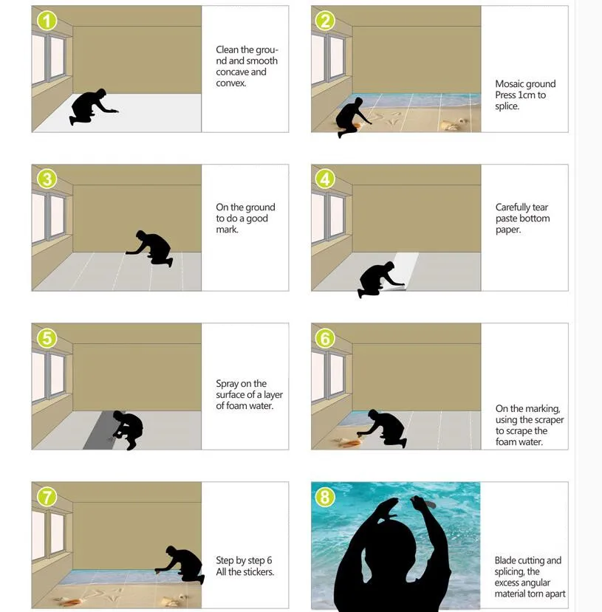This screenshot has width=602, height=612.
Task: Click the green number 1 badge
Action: click(47, 21)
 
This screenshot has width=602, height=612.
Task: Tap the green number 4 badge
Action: click(326, 179)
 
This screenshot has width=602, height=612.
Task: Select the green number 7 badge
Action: click(47, 497)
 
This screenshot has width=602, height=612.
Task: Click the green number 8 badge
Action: click(326, 497)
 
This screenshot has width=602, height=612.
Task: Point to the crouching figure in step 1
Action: click(91, 106)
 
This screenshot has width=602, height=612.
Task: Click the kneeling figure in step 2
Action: click(351, 116)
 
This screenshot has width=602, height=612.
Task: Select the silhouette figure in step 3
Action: click(151, 248)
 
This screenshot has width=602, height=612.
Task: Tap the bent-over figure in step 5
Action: click(128, 429)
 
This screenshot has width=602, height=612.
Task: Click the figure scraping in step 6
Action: click(384, 428)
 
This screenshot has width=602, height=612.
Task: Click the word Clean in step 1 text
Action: click(228, 50)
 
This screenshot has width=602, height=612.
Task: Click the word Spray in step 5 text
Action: click(228, 384)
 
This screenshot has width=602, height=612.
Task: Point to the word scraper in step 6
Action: click(549, 420)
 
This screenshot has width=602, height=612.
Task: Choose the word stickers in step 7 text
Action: click(258, 572)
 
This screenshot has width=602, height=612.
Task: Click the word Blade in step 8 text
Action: click(507, 561)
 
